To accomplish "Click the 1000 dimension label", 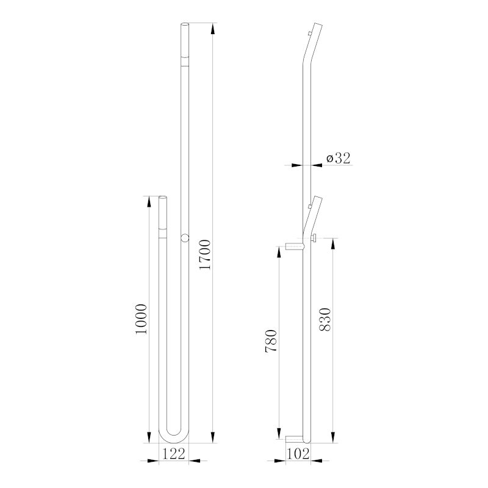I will coord(142,318).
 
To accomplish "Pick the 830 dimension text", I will coord(325,320).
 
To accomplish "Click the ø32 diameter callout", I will coord(338,158).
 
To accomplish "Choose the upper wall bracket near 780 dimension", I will coord(294,246).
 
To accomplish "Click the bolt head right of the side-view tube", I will coord(314,237).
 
